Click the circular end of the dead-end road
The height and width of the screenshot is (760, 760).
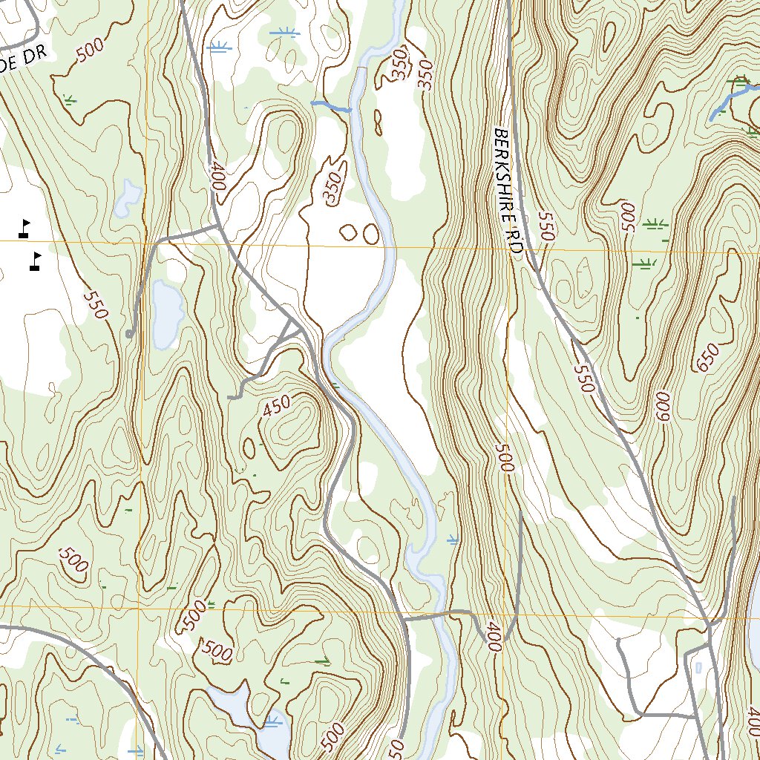click(130, 335)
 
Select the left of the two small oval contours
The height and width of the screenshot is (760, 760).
click(348, 233)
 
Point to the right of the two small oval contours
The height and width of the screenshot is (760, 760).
click(371, 235)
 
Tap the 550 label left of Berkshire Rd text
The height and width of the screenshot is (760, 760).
click(546, 226)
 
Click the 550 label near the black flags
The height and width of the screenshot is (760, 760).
click(96, 304)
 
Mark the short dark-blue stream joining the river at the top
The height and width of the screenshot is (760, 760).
click(331, 107)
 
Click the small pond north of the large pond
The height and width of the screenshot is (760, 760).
click(128, 197)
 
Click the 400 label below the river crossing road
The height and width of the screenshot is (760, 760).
click(491, 638)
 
